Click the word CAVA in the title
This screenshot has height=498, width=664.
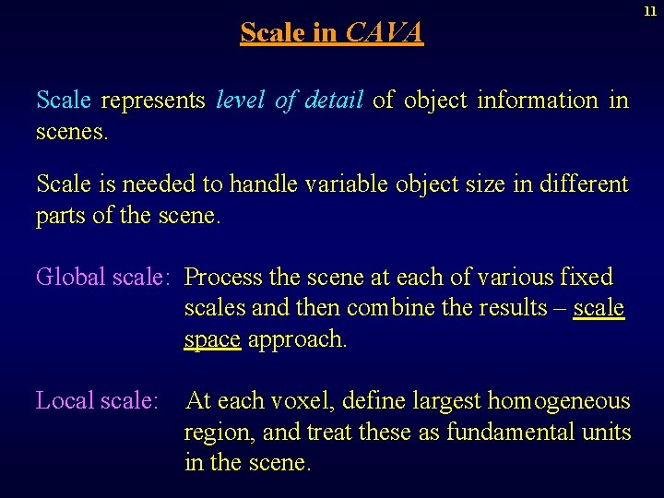coord(384,33)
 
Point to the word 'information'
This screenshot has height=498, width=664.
coord(538,101)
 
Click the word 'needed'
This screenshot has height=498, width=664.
coord(166,184)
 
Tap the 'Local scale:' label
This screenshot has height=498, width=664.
coord(97,401)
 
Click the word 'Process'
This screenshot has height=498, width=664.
coord(224,277)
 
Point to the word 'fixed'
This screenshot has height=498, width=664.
coord(586,277)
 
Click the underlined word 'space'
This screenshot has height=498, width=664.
coord(212,340)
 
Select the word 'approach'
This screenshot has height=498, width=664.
coord(296,340)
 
